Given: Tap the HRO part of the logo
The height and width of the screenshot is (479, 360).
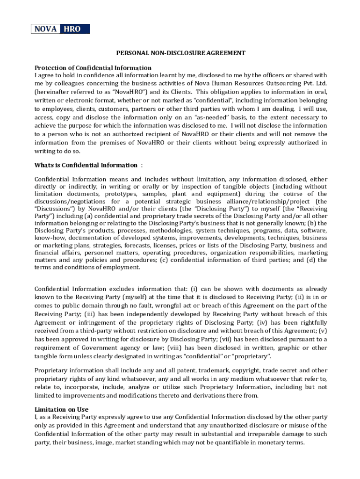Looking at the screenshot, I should pyautogui.click(x=72, y=29).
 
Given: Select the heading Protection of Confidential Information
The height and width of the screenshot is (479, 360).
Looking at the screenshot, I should pyautogui.click(x=93, y=68).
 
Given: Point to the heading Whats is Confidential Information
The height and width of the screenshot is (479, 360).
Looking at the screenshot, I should pyautogui.click(x=86, y=165).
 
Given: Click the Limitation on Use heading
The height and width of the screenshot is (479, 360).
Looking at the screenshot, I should pyautogui.click(x=61, y=409).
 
